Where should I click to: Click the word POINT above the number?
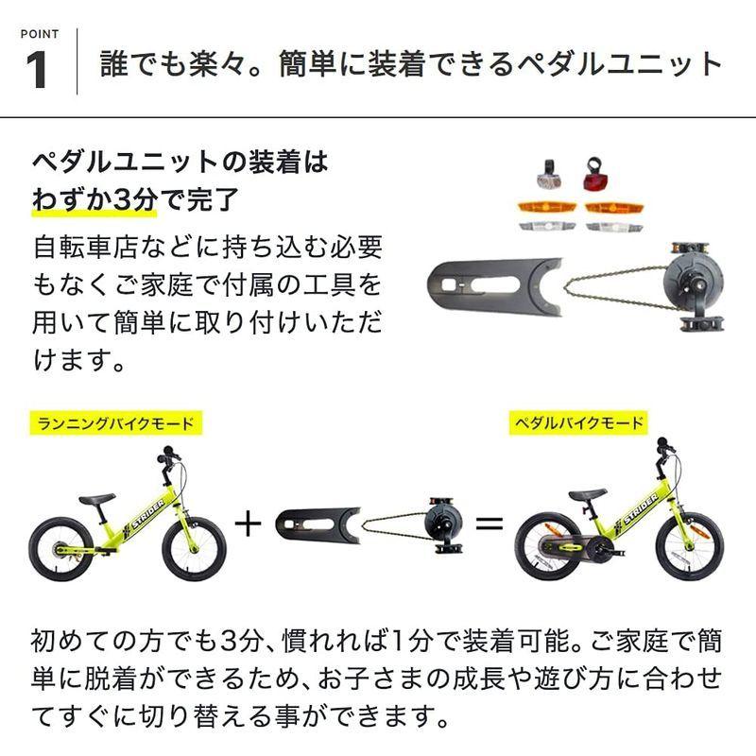[38, 34]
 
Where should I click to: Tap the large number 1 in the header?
[38, 71]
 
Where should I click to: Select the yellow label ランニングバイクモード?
[116, 422]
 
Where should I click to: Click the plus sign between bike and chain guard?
[247, 522]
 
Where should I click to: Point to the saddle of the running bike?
[96, 498]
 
